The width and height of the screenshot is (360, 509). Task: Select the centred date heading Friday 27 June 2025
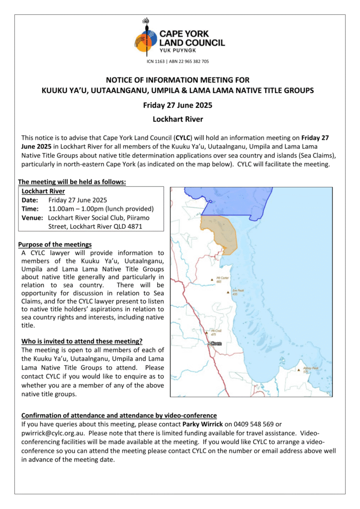(x=178, y=105)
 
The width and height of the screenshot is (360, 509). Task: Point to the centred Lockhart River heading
(x=178, y=119)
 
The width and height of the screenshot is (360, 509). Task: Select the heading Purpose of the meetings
(x=55, y=245)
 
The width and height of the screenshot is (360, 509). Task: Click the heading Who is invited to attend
(x=82, y=341)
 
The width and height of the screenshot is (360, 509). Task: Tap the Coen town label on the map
(x=216, y=343)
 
